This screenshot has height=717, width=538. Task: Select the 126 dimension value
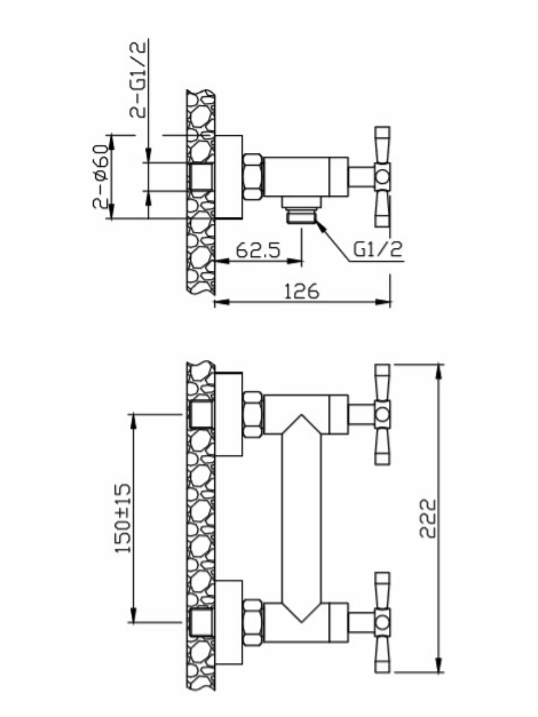[302, 291]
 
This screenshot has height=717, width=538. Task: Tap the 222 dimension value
[428, 518]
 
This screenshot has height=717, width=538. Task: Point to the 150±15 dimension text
[123, 518]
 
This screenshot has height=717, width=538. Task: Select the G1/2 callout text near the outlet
[377, 250]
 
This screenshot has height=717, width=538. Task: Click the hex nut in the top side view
[253, 177]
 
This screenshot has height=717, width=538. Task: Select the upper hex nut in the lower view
[253, 414]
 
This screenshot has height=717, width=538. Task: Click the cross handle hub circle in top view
[382, 177]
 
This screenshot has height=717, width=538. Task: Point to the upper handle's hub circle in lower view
[382, 414]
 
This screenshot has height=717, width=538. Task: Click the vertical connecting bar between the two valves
[301, 518]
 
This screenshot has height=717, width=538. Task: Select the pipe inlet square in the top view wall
[201, 177]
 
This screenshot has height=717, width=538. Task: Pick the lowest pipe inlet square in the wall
[201, 623]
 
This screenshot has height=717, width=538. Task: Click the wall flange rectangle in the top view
[229, 177]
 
